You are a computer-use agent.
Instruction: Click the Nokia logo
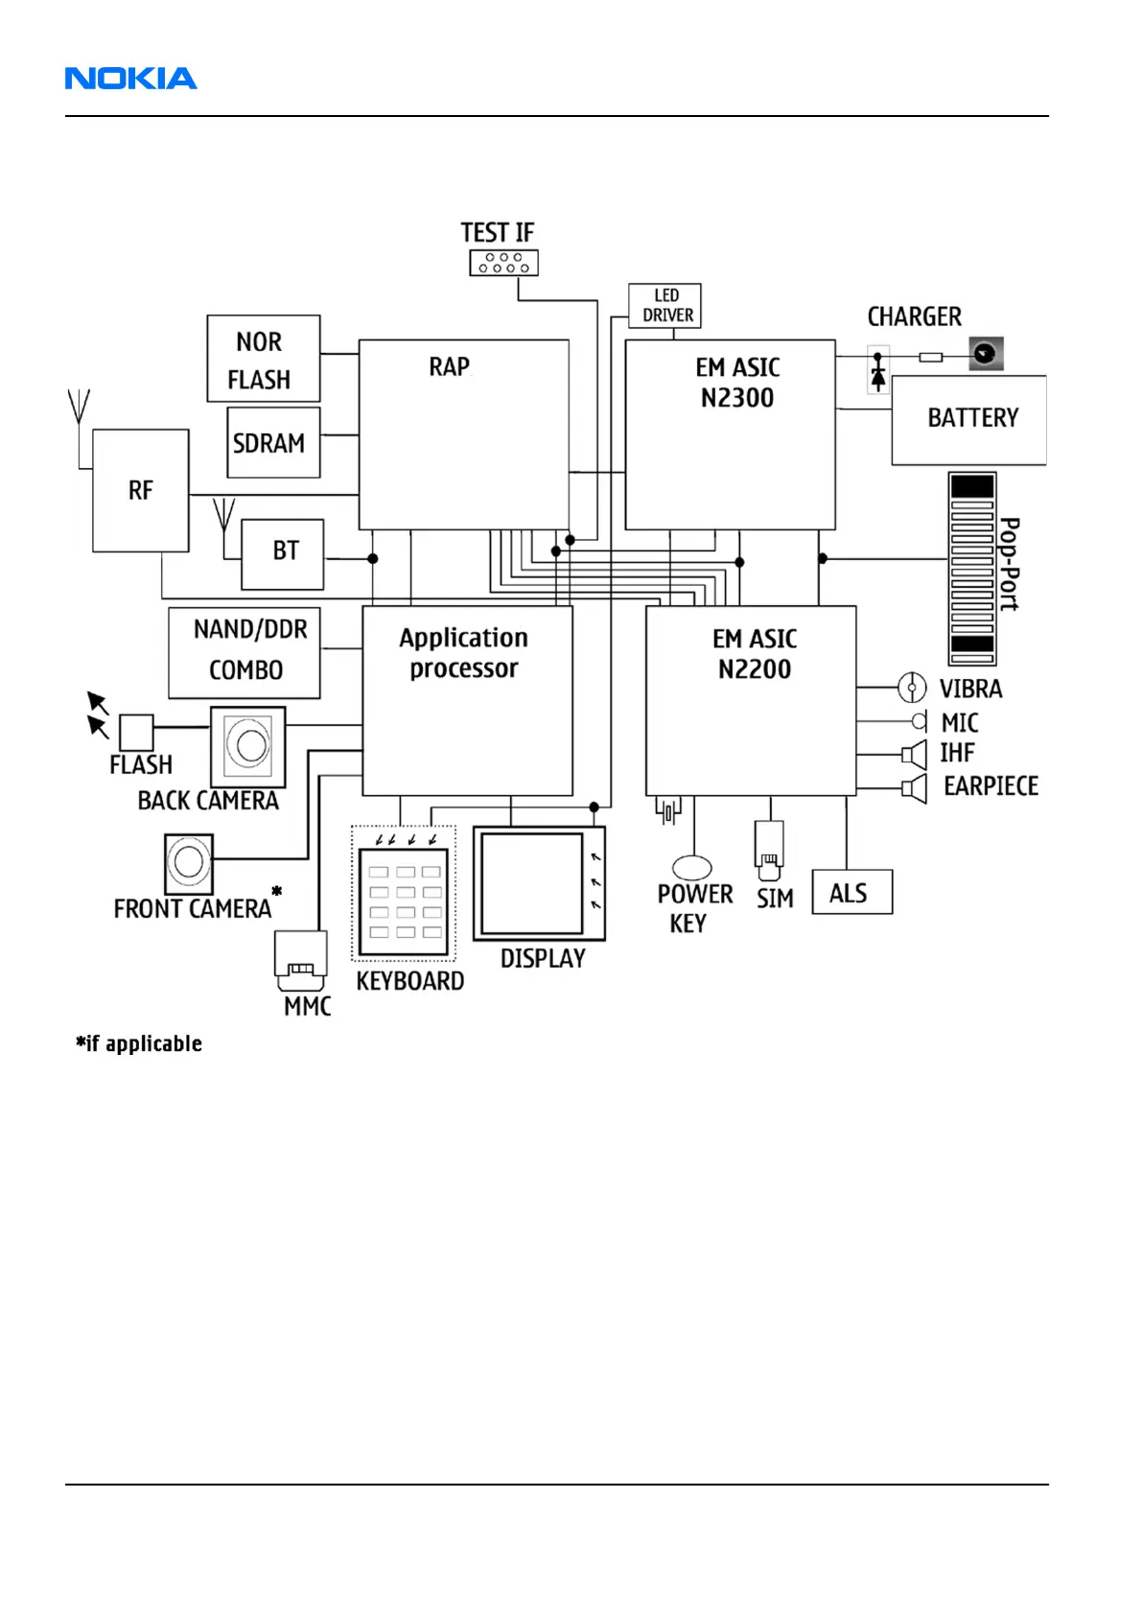pyautogui.click(x=130, y=79)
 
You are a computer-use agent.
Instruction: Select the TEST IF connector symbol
pyautogui.click(x=503, y=263)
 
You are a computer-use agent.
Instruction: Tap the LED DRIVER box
pyautogui.click(x=664, y=306)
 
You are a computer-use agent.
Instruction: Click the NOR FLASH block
pyautogui.click(x=263, y=359)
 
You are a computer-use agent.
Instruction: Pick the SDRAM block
pyautogui.click(x=273, y=442)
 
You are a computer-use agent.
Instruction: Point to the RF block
pyautogui.click(x=141, y=490)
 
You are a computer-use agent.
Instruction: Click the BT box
pyautogui.click(x=283, y=554)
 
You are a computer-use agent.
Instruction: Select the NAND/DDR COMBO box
pyautogui.click(x=245, y=652)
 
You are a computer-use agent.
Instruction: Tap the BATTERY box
pyautogui.click(x=968, y=420)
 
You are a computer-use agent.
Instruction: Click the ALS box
pyautogui.click(x=851, y=892)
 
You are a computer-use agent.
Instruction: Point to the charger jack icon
pyautogui.click(x=986, y=354)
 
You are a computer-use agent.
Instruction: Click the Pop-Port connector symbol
pyautogui.click(x=971, y=569)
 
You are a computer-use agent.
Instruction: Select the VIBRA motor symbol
pyautogui.click(x=911, y=688)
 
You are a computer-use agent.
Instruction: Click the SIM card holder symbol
pyautogui.click(x=769, y=850)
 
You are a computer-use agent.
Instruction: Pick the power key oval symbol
pyautogui.click(x=691, y=867)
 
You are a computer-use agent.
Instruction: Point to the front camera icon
pyautogui.click(x=189, y=862)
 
